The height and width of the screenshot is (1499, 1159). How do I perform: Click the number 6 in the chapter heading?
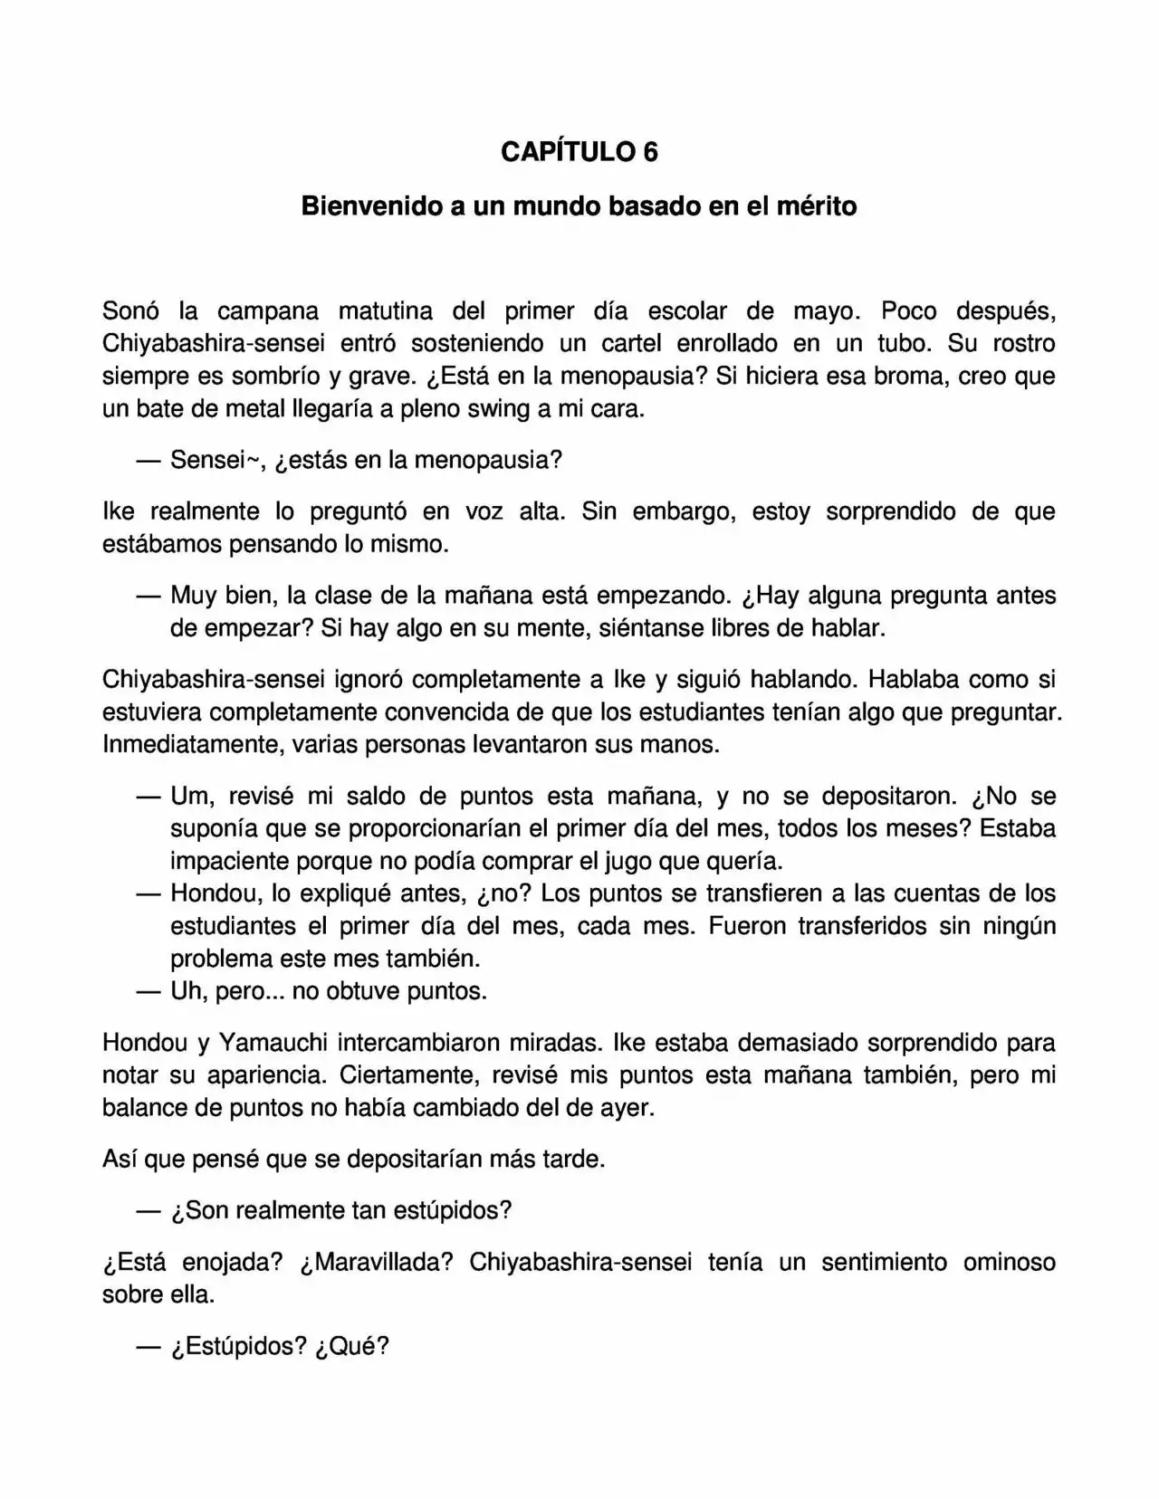tap(649, 151)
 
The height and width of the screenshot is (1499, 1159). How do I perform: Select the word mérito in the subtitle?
tap(817, 206)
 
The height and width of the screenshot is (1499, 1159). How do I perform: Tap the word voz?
tap(484, 512)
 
